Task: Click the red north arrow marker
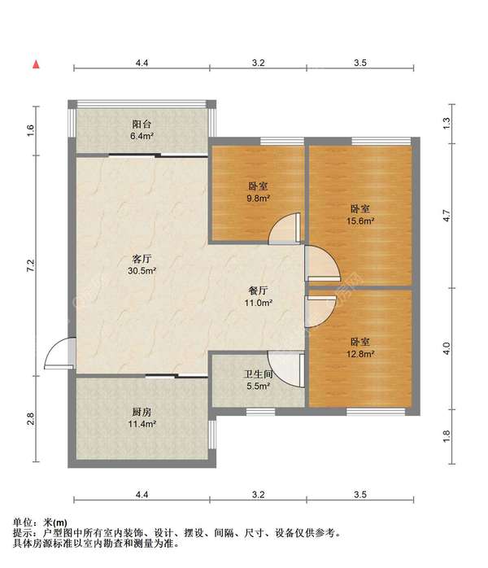point(36,64)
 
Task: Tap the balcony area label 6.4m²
point(142,137)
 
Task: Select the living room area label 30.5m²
point(142,271)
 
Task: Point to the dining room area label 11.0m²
point(258,303)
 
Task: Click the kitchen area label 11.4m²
point(142,423)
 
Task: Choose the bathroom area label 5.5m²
point(258,387)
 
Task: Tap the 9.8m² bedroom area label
point(258,198)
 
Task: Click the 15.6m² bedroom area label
point(360,221)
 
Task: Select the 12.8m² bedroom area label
point(360,354)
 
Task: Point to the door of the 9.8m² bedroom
point(285,228)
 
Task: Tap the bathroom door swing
point(285,369)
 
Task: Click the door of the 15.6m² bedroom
point(322,264)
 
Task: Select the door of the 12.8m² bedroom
point(321,311)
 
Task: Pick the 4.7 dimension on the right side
point(447,216)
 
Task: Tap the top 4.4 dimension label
point(142,63)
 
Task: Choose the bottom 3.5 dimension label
point(360,495)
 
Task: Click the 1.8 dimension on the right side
point(447,436)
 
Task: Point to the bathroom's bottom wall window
point(260,412)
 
